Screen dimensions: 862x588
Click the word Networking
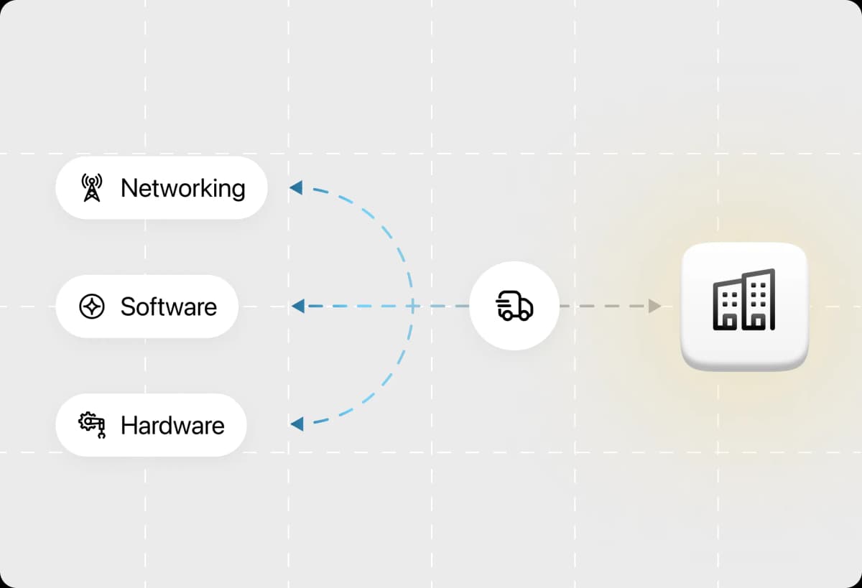[182, 188]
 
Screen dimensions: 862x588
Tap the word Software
[169, 307]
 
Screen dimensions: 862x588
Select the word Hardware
[172, 425]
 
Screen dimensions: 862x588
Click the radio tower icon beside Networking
[92, 187]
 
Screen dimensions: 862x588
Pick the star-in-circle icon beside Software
[92, 307]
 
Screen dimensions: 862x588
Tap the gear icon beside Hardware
[92, 425]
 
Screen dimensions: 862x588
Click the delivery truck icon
[514, 306]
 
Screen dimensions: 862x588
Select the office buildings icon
[744, 299]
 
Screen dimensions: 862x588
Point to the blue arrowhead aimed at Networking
[296, 187]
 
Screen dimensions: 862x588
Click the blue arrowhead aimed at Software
[298, 306]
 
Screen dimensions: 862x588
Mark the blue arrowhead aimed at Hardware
[297, 424]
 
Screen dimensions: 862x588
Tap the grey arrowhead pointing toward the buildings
[654, 306]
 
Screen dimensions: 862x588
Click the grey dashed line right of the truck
[604, 306]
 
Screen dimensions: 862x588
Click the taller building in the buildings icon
[759, 299]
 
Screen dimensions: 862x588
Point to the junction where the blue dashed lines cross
[412, 306]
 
